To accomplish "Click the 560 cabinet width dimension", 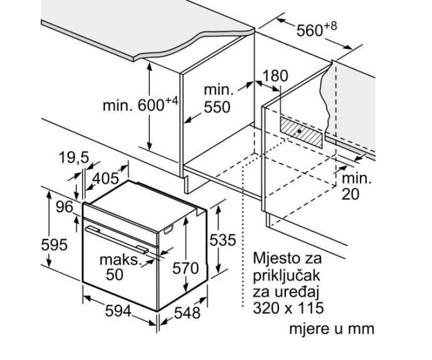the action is tap(317, 29).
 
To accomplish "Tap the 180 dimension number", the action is tap(275, 76).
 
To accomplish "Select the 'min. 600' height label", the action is tap(140, 105).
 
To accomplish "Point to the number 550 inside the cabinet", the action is tap(217, 107).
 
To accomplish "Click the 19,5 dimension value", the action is tap(74, 157).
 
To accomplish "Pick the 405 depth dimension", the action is tap(105, 178).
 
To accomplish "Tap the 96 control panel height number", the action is tap(65, 207).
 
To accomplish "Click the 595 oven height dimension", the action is tap(54, 245).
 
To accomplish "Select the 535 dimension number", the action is tap(223, 240).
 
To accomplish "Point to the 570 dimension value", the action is tap(186, 268).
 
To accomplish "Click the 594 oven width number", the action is tap(119, 312).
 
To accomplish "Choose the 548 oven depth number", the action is tap(187, 313).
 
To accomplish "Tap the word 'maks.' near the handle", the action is tap(120, 260).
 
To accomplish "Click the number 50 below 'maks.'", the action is tap(115, 274).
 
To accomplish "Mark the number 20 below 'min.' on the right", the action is tap(350, 194).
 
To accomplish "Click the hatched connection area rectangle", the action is tap(301, 132).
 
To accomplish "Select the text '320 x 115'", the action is tap(288, 308).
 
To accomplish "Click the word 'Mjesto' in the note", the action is tap(273, 258).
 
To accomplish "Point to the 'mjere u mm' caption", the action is tap(332, 329).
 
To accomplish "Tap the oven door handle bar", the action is tap(117, 239).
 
